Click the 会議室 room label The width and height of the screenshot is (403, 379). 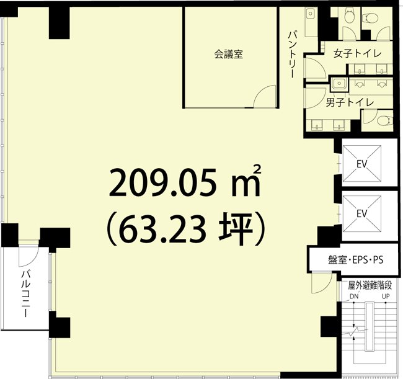pyautogui.click(x=229, y=54)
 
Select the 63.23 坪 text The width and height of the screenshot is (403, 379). pyautogui.click(x=185, y=229)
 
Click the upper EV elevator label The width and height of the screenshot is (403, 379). pyautogui.click(x=361, y=164)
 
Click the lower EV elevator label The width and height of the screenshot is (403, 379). pyautogui.click(x=361, y=213)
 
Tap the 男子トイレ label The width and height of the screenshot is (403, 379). pyautogui.click(x=350, y=102)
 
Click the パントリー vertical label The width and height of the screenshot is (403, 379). pyautogui.click(x=293, y=54)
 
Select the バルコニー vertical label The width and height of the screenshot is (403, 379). pyautogui.click(x=25, y=293)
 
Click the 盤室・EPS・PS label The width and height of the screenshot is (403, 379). pyautogui.click(x=356, y=260)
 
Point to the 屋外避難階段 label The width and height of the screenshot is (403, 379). pyautogui.click(x=370, y=285)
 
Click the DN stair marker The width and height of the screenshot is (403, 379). pyautogui.click(x=354, y=297)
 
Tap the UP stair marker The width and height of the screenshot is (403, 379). pyautogui.click(x=386, y=297)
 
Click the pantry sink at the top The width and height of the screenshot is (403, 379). pyautogui.click(x=310, y=13)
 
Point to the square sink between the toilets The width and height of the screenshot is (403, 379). pyautogui.click(x=339, y=83)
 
